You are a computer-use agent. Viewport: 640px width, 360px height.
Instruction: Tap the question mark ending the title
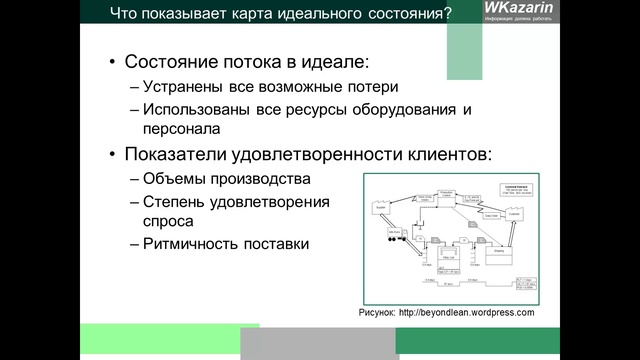[447, 14]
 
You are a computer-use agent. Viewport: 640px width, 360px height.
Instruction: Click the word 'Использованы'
[199, 109]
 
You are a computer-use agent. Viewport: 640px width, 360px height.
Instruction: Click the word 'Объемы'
[177, 179]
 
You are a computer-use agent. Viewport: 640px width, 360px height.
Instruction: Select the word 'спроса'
[170, 221]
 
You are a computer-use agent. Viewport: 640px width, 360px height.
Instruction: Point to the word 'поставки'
[277, 243]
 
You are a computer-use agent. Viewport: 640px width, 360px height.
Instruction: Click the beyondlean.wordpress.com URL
[467, 312]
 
